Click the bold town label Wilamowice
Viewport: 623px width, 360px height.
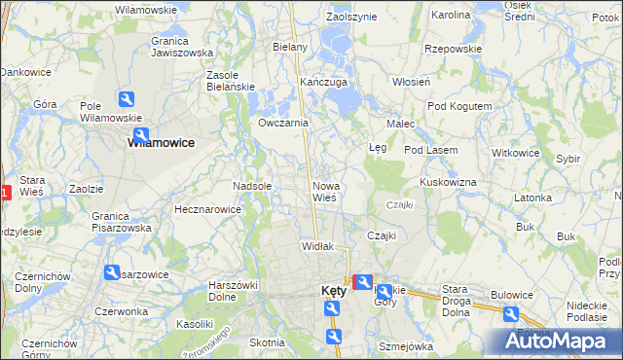pyautogui.click(x=161, y=142)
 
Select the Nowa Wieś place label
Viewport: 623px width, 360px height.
pyautogui.click(x=324, y=192)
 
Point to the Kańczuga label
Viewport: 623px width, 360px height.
pyautogui.click(x=324, y=83)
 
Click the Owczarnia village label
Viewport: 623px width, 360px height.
pyautogui.click(x=283, y=124)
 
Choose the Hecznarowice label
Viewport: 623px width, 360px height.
pyautogui.click(x=206, y=209)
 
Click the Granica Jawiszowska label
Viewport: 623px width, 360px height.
pyautogui.click(x=182, y=48)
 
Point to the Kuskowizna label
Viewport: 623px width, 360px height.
pyautogui.click(x=448, y=182)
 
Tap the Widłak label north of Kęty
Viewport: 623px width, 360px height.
pyautogui.click(x=318, y=246)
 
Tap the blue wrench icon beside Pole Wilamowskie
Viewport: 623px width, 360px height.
pyautogui.click(x=126, y=99)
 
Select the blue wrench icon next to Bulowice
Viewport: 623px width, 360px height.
pyautogui.click(x=510, y=313)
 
